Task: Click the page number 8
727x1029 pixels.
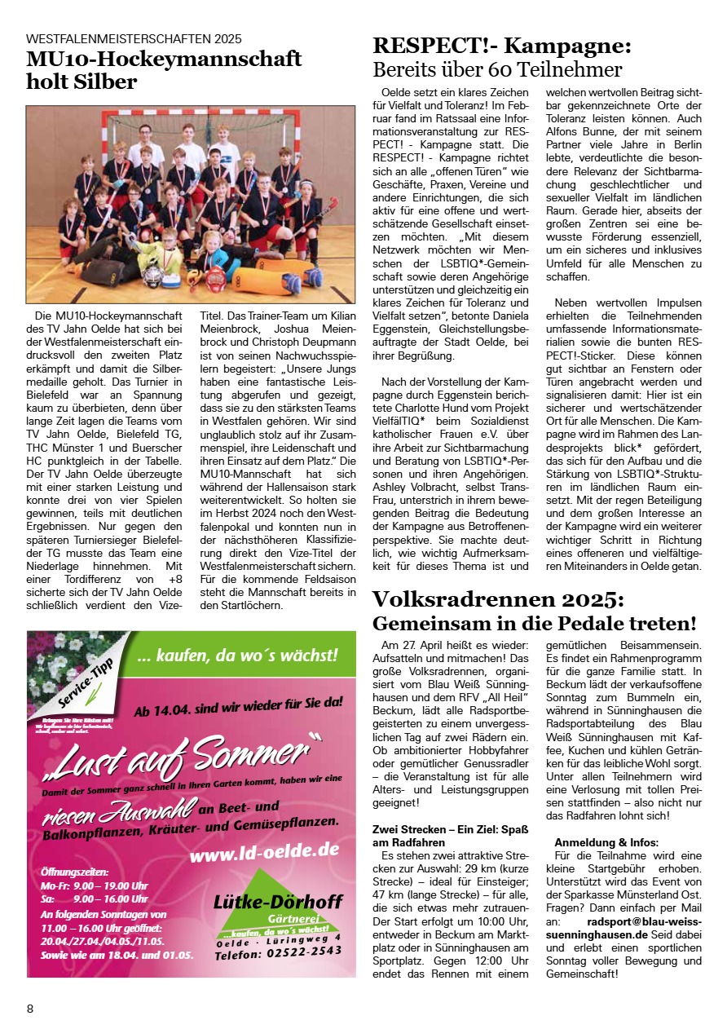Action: [x=30, y=1009]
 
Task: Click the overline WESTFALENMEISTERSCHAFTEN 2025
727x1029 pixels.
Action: [x=134, y=38]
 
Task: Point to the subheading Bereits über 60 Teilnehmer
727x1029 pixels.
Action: [x=497, y=69]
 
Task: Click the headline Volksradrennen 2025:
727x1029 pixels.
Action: [x=498, y=600]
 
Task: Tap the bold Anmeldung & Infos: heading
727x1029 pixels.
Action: [x=606, y=841]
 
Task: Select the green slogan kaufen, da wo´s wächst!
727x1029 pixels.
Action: [x=238, y=654]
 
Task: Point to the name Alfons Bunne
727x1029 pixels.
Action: [x=579, y=131]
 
